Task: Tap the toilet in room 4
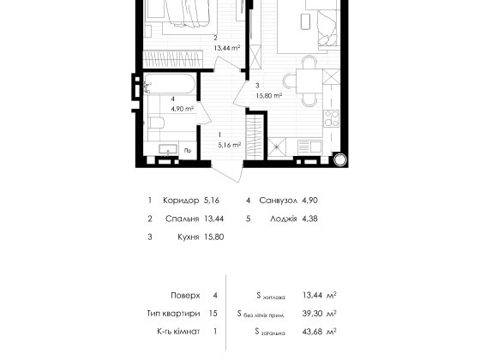coord(156,123)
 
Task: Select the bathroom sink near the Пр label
coord(167,149)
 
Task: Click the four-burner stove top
coord(332,118)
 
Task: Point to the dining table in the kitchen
coord(309,81)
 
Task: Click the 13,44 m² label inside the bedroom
coord(227,48)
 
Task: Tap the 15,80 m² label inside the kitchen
coord(269,95)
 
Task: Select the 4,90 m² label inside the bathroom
coord(182,109)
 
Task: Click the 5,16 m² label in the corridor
coord(230,145)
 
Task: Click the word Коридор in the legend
coord(181,201)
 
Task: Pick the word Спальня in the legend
coord(182,219)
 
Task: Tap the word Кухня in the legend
coord(189,237)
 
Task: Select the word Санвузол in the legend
coord(279,201)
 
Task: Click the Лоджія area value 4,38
coord(309,219)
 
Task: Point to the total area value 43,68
coord(312,332)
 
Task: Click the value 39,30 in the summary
coord(312,314)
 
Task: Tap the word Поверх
coord(185,296)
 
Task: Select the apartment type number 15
coord(213,314)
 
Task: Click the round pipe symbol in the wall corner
coord(339,160)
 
